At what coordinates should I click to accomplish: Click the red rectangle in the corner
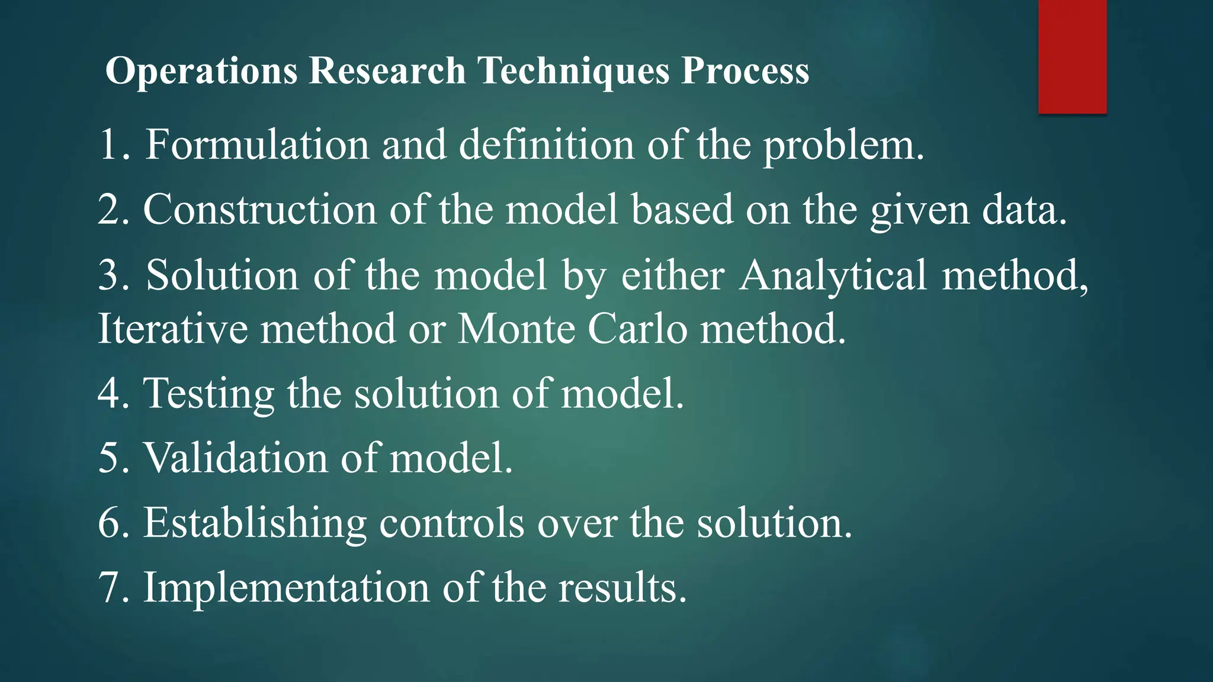coord(1072,56)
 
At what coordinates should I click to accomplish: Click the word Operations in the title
coord(201,71)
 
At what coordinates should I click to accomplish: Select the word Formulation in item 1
coord(257,144)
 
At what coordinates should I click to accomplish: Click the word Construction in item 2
coord(259,210)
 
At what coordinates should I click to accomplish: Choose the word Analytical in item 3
coord(833,276)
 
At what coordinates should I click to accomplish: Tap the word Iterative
coord(172,329)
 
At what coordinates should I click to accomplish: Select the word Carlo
coord(637,329)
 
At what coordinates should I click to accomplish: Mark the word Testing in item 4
coord(208,394)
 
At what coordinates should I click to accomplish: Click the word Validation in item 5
coord(235,458)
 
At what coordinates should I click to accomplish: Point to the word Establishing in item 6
coord(255,523)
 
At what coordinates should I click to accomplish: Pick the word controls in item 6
coord(451,523)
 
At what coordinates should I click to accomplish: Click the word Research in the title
coord(387,71)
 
